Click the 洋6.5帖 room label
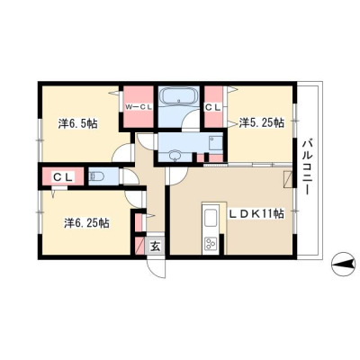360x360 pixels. coord(77,123)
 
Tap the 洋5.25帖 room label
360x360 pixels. coord(262,122)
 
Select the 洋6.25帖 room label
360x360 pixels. coord(86,223)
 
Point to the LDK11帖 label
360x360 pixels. coord(256,214)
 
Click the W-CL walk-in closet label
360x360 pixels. coord(139,107)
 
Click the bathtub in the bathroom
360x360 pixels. coord(179,96)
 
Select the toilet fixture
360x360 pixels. coord(96,175)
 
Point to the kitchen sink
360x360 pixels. coord(211,218)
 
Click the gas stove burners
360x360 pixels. coord(211,243)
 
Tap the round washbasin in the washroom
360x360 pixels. coord(174,156)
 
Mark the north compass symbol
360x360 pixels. coord(343,264)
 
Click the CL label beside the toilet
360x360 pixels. coord(63,177)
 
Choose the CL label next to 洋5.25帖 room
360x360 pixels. coord(213,107)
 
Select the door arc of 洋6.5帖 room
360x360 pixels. coord(121,152)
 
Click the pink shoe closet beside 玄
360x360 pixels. coord(139,246)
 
